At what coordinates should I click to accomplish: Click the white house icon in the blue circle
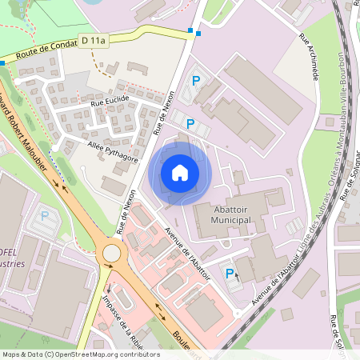[x=180, y=172]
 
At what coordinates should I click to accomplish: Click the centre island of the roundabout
[x=111, y=254]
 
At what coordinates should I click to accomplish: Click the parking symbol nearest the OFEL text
[x=45, y=215]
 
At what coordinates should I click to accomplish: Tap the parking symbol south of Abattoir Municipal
[x=230, y=274]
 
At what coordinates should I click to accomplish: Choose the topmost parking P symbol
[x=197, y=80]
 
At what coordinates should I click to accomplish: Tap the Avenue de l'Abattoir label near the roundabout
[x=187, y=254]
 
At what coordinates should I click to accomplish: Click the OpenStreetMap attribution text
[x=80, y=354]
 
